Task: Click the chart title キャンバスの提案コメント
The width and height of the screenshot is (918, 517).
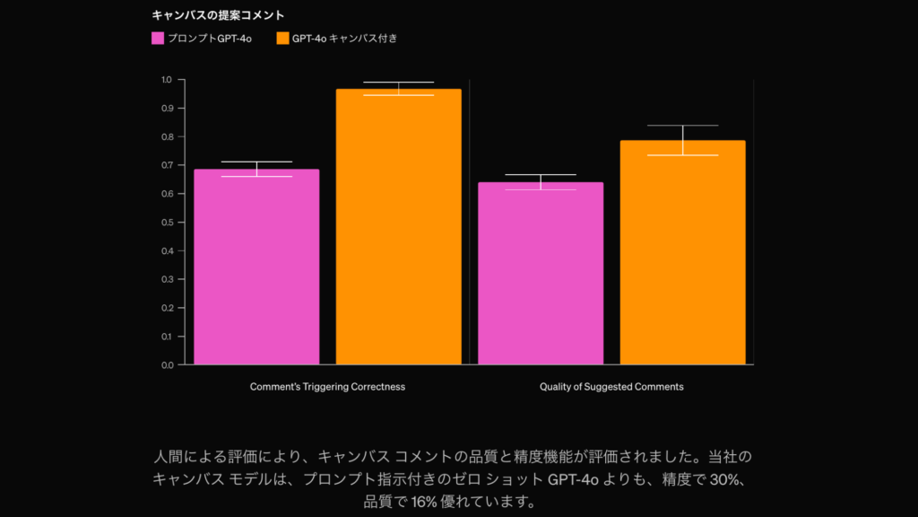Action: click(x=218, y=15)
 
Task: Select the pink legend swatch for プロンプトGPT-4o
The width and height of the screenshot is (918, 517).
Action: click(x=158, y=39)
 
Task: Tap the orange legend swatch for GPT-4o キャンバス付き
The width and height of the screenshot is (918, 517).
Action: click(x=282, y=39)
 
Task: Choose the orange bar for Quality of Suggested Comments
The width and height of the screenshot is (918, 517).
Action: click(x=682, y=252)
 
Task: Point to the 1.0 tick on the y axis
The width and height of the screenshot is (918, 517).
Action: click(x=167, y=80)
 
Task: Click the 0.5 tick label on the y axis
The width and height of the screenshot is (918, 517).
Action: click(x=167, y=223)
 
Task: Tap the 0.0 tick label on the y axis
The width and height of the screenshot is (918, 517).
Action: click(x=167, y=365)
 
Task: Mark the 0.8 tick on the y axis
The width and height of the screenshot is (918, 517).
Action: click(x=167, y=137)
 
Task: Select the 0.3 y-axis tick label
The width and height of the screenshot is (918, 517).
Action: click(x=167, y=280)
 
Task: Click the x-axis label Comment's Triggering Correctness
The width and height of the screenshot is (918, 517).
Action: click(x=327, y=387)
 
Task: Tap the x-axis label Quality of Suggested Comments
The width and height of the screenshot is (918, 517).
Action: click(x=611, y=387)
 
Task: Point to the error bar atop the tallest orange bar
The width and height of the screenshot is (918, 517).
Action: click(x=398, y=88)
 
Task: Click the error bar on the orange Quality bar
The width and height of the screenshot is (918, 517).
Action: click(x=682, y=139)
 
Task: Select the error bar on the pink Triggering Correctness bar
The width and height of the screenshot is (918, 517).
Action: click(x=256, y=169)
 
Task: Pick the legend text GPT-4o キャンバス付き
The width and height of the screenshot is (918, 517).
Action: click(x=344, y=39)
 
